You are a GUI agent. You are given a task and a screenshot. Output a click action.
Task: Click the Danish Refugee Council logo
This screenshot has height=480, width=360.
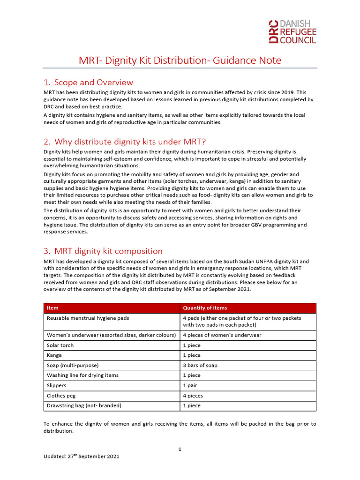(x=292, y=32)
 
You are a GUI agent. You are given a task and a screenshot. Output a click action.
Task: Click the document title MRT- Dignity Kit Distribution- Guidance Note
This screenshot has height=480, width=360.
(x=180, y=60)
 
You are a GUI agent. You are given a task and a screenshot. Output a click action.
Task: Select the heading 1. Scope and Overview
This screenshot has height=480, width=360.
(x=88, y=82)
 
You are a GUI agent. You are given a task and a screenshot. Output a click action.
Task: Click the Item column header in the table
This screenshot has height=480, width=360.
(x=52, y=308)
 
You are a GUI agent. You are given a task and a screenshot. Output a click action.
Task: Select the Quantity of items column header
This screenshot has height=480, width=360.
(x=205, y=308)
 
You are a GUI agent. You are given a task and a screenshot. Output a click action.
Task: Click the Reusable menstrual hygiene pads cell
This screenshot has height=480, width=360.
(x=88, y=318)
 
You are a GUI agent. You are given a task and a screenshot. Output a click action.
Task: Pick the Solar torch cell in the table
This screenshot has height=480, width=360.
(x=60, y=345)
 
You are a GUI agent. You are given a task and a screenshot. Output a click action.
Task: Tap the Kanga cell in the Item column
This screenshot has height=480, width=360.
(x=54, y=355)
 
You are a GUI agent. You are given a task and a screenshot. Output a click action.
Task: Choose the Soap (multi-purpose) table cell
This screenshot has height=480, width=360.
(x=73, y=365)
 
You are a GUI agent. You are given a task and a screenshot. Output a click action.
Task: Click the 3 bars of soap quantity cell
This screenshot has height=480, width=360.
(x=200, y=365)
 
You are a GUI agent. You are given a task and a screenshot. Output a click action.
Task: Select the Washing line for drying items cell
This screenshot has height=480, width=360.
(x=82, y=375)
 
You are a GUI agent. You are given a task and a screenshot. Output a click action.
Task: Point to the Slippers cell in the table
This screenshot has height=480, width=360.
(x=56, y=385)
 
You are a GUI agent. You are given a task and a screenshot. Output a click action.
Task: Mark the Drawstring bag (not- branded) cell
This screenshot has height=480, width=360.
(x=81, y=405)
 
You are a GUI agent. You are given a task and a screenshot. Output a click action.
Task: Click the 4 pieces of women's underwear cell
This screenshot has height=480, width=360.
(x=222, y=335)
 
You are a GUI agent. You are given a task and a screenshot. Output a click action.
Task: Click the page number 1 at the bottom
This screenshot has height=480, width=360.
(x=180, y=449)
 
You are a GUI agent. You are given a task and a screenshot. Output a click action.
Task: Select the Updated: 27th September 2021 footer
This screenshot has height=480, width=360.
(x=81, y=456)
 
